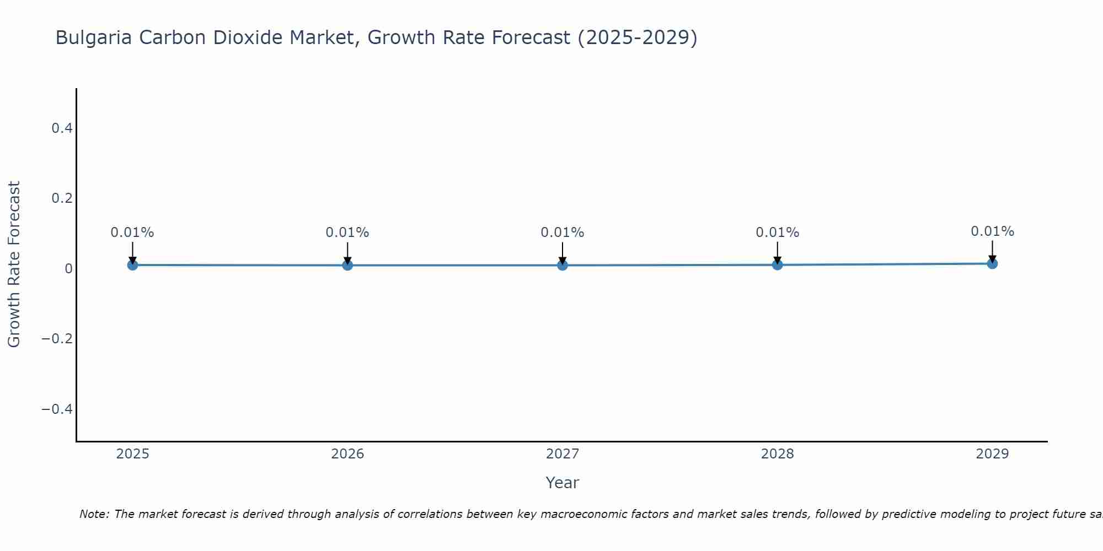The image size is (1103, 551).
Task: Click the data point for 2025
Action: click(132, 265)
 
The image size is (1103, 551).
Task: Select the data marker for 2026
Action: click(347, 265)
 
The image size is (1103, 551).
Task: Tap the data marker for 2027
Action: click(563, 265)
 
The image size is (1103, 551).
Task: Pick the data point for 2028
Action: click(777, 265)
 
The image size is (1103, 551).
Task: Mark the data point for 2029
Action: click(992, 263)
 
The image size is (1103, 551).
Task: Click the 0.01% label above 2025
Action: click(132, 233)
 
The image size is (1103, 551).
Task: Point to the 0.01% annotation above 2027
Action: click(563, 233)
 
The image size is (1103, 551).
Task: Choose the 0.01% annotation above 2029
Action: click(992, 231)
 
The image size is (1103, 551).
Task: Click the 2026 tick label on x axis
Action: click(347, 454)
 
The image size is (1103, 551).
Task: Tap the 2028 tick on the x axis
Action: click(777, 454)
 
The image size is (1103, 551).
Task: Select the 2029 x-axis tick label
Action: click(992, 454)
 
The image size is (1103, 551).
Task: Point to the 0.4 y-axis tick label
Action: click(62, 128)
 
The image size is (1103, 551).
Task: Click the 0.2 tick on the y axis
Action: click(62, 198)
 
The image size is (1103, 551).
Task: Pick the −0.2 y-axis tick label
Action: click(57, 339)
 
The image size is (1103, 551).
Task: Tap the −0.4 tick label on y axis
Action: click(57, 409)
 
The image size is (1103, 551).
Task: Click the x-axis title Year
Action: click(562, 483)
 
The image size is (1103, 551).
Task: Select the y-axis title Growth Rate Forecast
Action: click(14, 264)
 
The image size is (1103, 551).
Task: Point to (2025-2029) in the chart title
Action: click(637, 38)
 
